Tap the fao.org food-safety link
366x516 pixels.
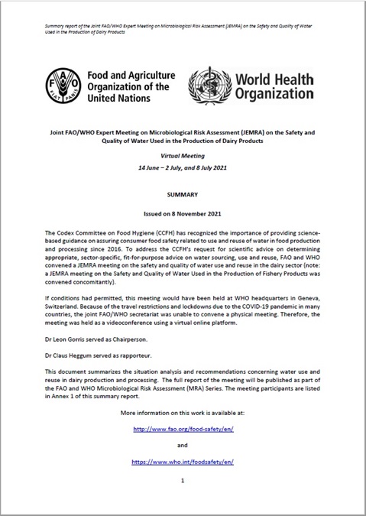pyautogui.click(x=183, y=430)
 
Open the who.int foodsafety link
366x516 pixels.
pyautogui.click(x=183, y=462)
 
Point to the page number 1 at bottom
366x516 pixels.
pyautogui.click(x=183, y=481)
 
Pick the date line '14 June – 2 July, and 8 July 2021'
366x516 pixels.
pyautogui.click(x=183, y=166)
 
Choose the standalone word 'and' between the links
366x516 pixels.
pyautogui.click(x=183, y=446)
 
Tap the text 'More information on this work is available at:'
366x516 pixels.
pyautogui.click(x=183, y=413)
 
